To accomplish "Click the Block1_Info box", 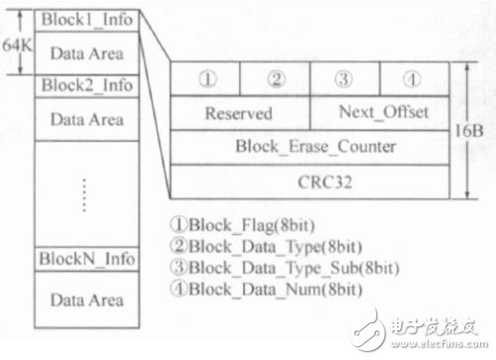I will pyautogui.click(x=87, y=20).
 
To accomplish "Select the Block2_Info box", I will pyautogui.click(x=87, y=85).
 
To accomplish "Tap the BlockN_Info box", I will pyautogui.click(x=87, y=258).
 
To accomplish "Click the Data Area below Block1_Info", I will pyautogui.click(x=87, y=52).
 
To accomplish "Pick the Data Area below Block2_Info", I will pyautogui.click(x=87, y=118).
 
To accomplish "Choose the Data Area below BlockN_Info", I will pyautogui.click(x=87, y=299).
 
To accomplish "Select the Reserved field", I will pyautogui.click(x=239, y=113).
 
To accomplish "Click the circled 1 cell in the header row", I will pyautogui.click(x=204, y=79).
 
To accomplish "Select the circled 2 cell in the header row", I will pyautogui.click(x=275, y=79).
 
